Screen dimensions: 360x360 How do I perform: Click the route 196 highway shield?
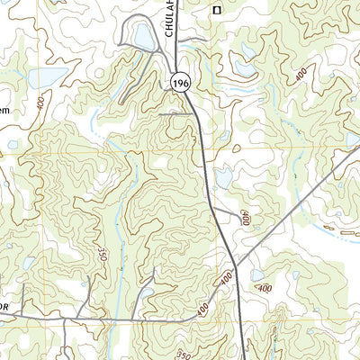(x=180, y=82)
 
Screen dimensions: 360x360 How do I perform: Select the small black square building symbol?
(x=216, y=10)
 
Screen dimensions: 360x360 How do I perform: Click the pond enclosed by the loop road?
(x=142, y=37)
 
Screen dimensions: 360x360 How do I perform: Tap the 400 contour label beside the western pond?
(x=41, y=102)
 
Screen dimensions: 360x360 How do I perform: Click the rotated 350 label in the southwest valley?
(x=103, y=256)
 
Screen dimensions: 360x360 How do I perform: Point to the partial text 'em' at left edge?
(x=4, y=110)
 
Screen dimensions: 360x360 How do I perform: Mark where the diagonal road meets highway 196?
(x=236, y=267)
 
